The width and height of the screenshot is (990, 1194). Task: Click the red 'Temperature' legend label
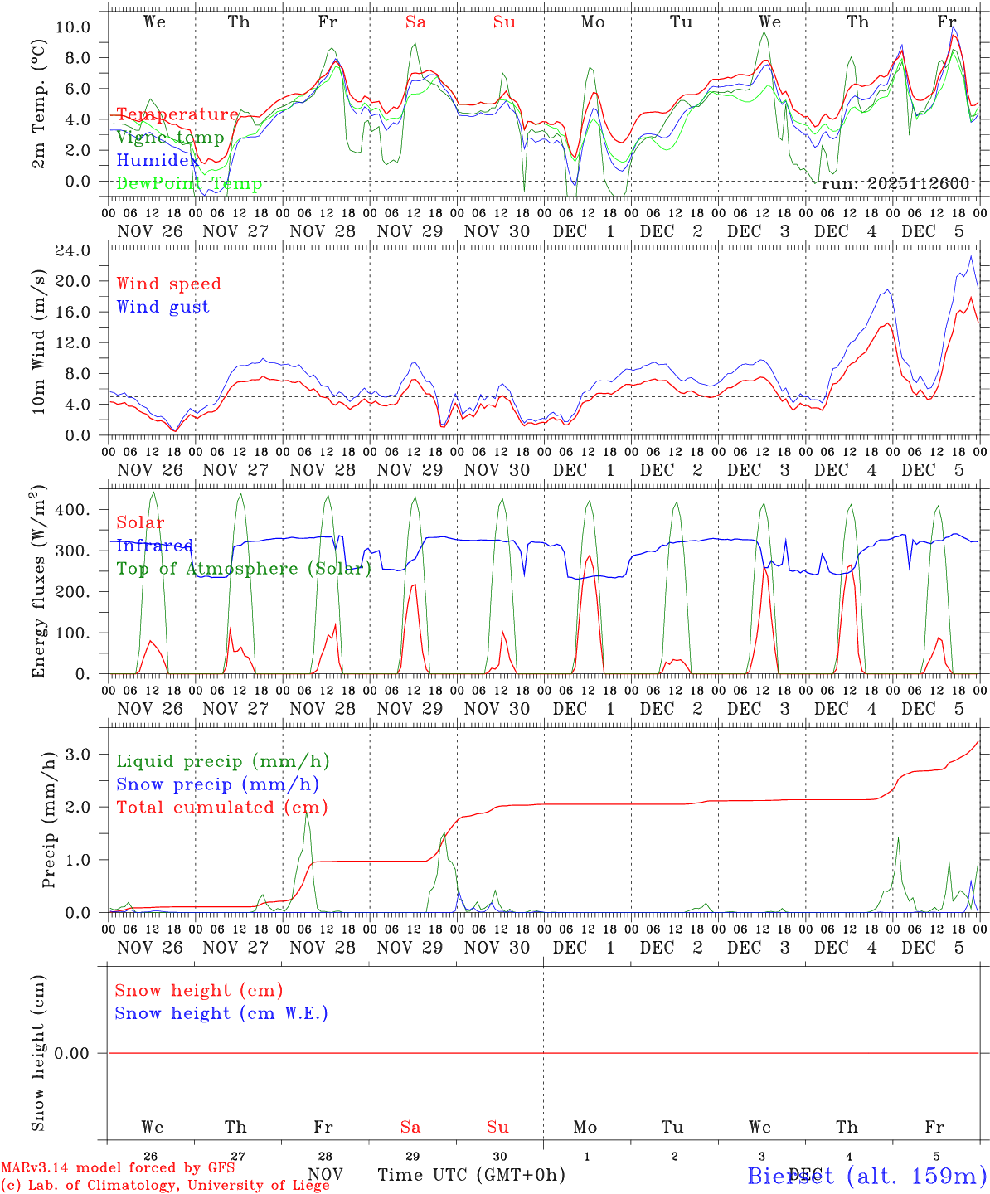pyautogui.click(x=177, y=114)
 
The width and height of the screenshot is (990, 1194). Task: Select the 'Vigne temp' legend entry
pyautogui.click(x=170, y=138)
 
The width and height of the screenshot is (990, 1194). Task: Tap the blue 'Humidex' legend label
pyautogui.click(x=158, y=161)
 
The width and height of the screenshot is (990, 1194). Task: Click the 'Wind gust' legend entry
pyautogui.click(x=163, y=307)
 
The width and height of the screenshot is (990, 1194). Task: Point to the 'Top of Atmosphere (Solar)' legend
pyautogui.click(x=244, y=569)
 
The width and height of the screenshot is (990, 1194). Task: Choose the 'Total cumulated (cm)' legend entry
pyautogui.click(x=221, y=807)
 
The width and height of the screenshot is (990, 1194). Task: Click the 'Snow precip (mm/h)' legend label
pyautogui.click(x=217, y=784)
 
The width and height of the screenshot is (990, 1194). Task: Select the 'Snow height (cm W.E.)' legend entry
pyautogui.click(x=221, y=1013)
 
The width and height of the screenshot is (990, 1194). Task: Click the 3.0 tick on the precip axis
pyautogui.click(x=77, y=754)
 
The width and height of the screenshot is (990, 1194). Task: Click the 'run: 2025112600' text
pyautogui.click(x=895, y=183)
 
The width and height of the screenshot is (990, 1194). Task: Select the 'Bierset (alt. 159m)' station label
pyautogui.click(x=866, y=1175)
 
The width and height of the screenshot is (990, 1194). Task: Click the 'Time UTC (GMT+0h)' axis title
pyautogui.click(x=471, y=1175)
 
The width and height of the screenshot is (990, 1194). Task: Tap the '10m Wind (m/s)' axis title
pyautogui.click(x=38, y=342)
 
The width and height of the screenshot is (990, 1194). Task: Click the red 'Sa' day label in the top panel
pyautogui.click(x=415, y=22)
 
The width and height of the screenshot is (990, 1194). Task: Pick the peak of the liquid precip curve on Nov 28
pyautogui.click(x=307, y=813)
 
